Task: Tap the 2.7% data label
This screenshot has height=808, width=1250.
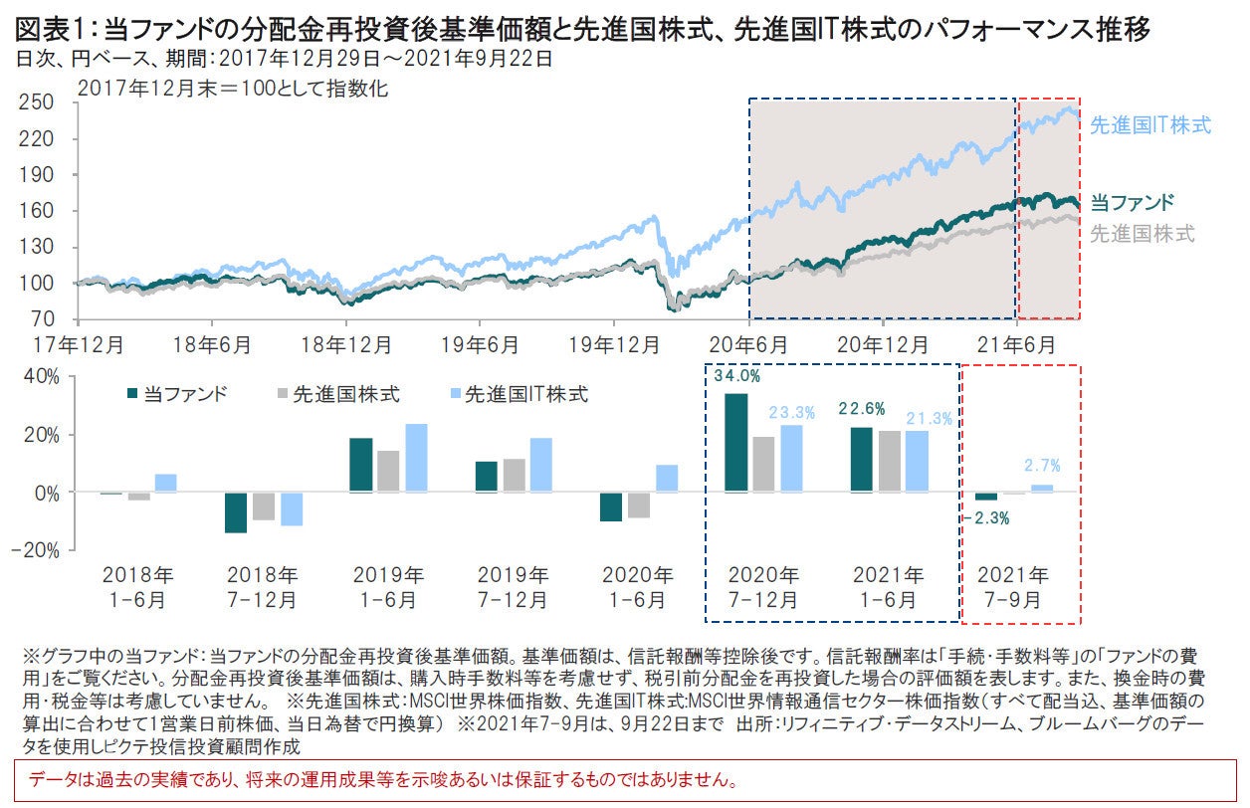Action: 1042,464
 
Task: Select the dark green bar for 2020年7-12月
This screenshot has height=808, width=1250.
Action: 736,442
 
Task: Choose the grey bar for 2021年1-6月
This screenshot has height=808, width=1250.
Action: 889,462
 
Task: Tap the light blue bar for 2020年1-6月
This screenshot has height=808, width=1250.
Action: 666,479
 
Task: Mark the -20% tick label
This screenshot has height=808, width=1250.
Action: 41,549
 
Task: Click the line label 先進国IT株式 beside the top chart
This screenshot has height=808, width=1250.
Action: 1150,125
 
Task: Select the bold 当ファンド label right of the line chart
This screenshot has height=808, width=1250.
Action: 1133,203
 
